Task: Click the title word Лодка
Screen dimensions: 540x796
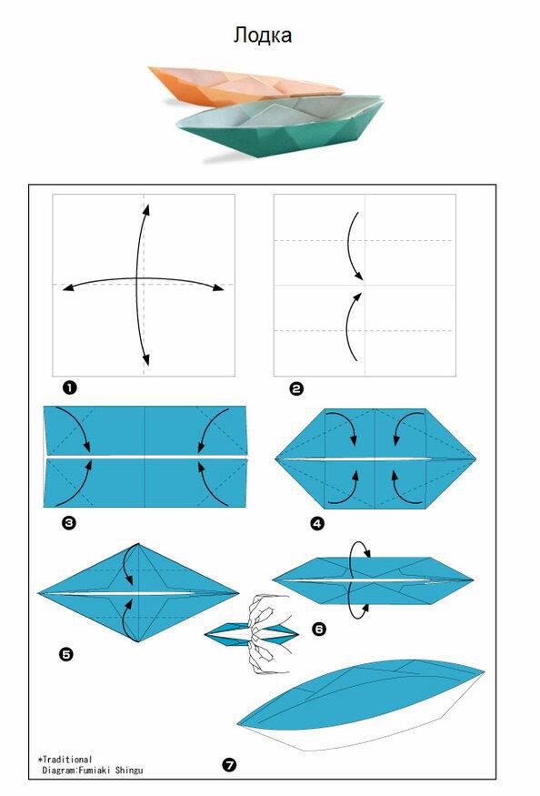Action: (x=263, y=35)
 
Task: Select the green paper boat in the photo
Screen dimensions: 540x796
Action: (x=281, y=126)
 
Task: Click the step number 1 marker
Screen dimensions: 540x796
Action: (x=69, y=388)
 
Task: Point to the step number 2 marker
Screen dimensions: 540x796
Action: (x=296, y=389)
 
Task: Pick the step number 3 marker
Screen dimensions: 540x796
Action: (x=69, y=522)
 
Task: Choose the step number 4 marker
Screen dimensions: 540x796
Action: (x=317, y=523)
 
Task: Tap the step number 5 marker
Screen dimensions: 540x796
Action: (x=66, y=655)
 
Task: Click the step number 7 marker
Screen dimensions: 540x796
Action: (x=230, y=764)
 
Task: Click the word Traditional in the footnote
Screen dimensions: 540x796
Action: (x=67, y=760)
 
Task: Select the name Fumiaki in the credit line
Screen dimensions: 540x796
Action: (x=95, y=771)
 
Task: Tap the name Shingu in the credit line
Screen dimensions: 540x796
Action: (x=129, y=771)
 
